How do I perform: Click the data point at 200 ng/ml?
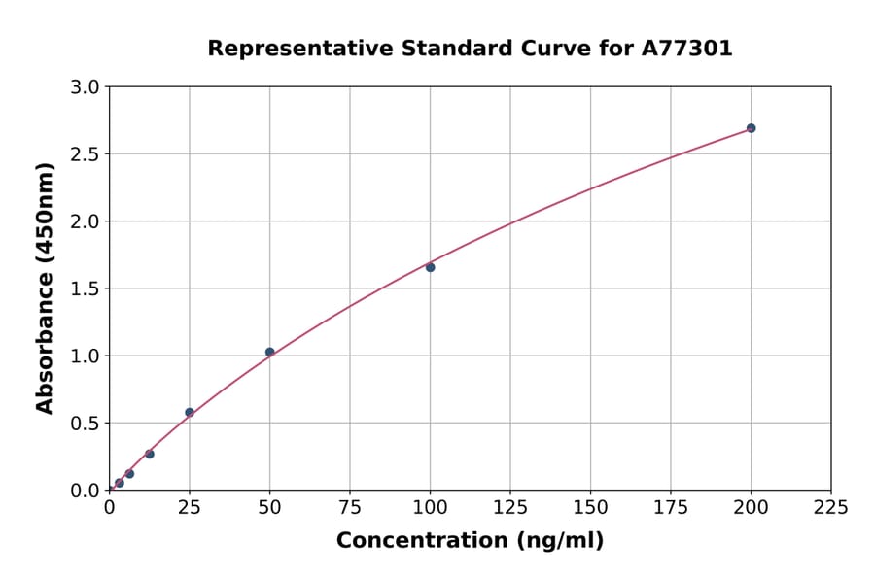click(751, 128)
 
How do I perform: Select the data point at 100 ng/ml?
click(430, 267)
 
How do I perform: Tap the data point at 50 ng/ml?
click(269, 352)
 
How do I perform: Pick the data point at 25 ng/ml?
click(190, 412)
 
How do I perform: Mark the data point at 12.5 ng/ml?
click(149, 454)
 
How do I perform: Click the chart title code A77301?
click(687, 49)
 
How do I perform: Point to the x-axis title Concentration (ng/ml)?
click(470, 541)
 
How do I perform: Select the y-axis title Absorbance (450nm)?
click(45, 288)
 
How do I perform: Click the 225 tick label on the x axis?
click(830, 508)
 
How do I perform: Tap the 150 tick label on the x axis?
click(590, 508)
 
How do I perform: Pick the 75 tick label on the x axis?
click(350, 508)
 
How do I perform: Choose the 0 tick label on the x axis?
click(109, 508)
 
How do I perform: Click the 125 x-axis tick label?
click(510, 508)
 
